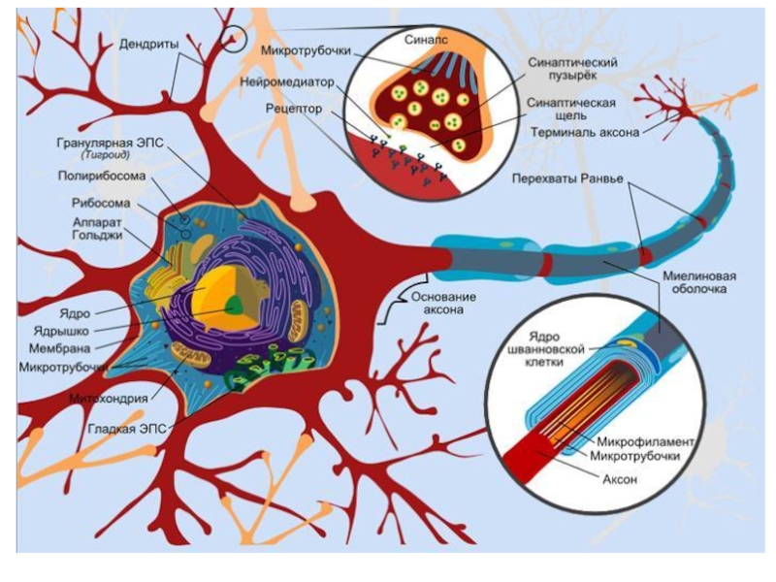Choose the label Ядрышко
coord(61,331)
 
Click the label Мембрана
coord(60,348)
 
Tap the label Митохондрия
coord(108,398)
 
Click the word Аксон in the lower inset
coord(620,479)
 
